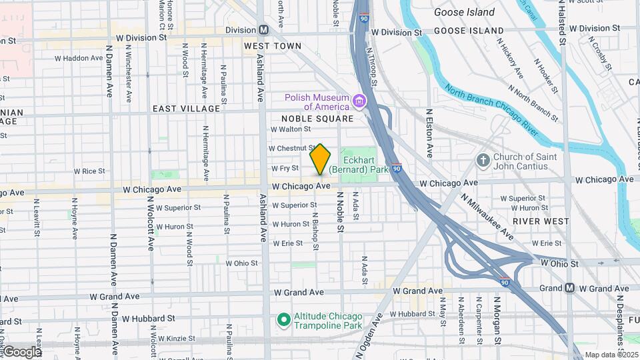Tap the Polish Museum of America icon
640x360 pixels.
(x=360, y=101)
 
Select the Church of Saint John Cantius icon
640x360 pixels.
(x=483, y=160)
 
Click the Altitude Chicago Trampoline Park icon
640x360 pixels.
(x=283, y=321)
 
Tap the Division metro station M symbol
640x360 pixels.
(x=264, y=30)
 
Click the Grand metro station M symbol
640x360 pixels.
(x=569, y=288)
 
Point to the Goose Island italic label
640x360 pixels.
(x=464, y=12)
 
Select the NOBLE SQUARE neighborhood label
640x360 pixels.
(x=322, y=119)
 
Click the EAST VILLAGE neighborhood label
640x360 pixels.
(x=186, y=109)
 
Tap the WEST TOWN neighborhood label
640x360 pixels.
(x=272, y=46)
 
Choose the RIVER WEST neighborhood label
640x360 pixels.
(x=541, y=221)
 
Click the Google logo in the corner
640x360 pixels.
(x=22, y=351)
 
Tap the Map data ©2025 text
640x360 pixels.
(x=611, y=355)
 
